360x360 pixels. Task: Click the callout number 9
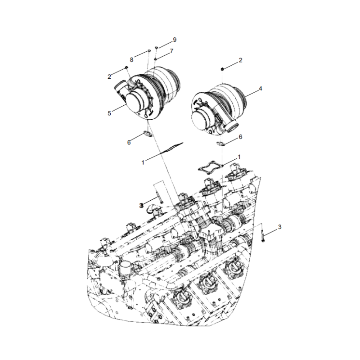(175, 40)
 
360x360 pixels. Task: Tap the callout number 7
(172, 52)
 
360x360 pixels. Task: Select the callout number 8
(132, 59)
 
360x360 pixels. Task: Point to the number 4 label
(260, 89)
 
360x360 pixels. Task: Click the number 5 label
(109, 113)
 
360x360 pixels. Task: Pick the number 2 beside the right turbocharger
(240, 60)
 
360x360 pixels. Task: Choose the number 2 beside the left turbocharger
(109, 77)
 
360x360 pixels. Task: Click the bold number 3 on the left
(141, 205)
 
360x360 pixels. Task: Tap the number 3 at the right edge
(279, 227)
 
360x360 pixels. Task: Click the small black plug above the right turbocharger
(222, 68)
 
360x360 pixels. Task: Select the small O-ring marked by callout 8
(148, 52)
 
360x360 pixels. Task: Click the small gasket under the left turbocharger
(147, 133)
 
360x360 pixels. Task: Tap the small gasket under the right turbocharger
(220, 144)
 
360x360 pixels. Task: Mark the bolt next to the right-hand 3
(261, 236)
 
